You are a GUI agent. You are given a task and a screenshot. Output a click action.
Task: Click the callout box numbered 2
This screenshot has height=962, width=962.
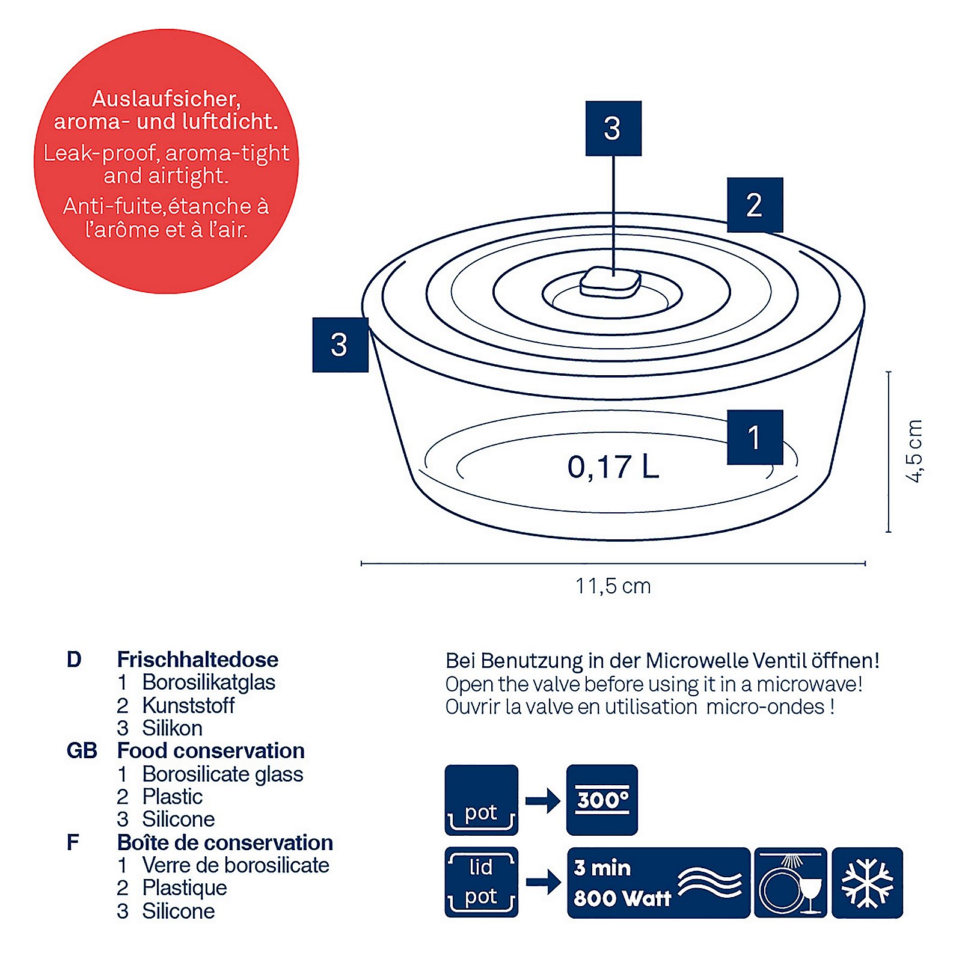click(x=755, y=205)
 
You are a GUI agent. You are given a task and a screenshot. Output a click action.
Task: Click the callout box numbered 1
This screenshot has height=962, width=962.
click(x=755, y=437)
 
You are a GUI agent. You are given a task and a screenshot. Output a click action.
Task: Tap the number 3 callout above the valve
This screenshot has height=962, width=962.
click(x=613, y=128)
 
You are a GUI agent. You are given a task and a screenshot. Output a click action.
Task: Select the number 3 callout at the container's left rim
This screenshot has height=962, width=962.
click(x=340, y=345)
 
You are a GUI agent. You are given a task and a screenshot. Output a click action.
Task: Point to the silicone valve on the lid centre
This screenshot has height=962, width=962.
click(x=610, y=282)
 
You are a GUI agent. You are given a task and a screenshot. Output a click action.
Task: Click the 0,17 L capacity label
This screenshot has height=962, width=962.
click(x=613, y=467)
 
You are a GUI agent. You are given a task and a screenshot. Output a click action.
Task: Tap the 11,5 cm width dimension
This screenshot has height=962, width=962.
click(x=613, y=586)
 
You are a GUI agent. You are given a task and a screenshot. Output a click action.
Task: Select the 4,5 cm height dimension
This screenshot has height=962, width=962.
click(x=914, y=451)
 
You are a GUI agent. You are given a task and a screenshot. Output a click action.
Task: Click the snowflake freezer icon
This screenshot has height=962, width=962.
click(x=867, y=883)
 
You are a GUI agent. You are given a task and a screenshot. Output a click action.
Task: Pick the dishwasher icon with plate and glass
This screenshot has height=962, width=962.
click(x=790, y=883)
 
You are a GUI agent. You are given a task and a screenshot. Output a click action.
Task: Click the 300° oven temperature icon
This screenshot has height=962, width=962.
click(x=602, y=800)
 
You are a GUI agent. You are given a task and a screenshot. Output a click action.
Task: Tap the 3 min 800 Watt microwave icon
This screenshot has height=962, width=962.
click(x=658, y=883)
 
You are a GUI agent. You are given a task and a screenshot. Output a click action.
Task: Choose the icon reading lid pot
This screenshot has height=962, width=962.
click(x=481, y=882)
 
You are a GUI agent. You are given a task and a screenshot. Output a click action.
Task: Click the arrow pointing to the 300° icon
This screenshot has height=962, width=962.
click(x=543, y=801)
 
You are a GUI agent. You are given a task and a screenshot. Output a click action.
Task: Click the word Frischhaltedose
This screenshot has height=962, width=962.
click(x=198, y=660)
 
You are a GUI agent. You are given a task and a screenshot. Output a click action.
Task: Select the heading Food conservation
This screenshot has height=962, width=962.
click(x=211, y=751)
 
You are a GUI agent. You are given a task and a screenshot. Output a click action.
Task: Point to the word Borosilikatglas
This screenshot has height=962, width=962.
click(x=209, y=682)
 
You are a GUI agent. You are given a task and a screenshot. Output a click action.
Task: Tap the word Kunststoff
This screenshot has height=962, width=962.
click(x=188, y=705)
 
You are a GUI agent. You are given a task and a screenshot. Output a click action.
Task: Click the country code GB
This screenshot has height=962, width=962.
click(x=82, y=751)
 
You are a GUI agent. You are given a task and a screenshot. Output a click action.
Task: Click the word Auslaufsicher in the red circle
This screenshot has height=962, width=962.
click(x=167, y=99)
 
